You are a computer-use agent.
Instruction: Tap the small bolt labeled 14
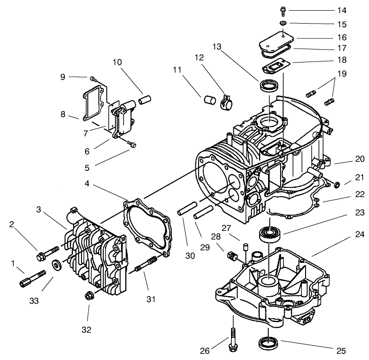click(x=282, y=9)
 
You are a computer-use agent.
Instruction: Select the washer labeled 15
click(x=283, y=23)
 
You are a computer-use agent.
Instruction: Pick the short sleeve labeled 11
click(x=208, y=100)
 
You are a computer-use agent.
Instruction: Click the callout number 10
click(x=117, y=62)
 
